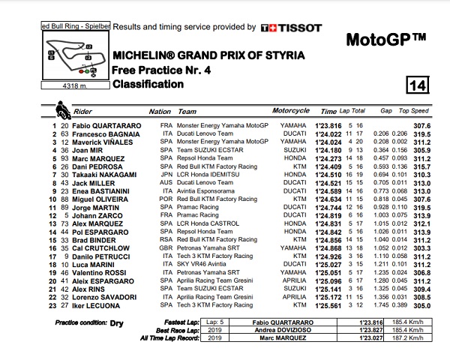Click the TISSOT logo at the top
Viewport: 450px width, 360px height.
click(x=291, y=28)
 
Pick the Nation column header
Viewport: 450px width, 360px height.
click(x=160, y=110)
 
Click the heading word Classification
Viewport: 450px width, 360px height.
click(x=147, y=85)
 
